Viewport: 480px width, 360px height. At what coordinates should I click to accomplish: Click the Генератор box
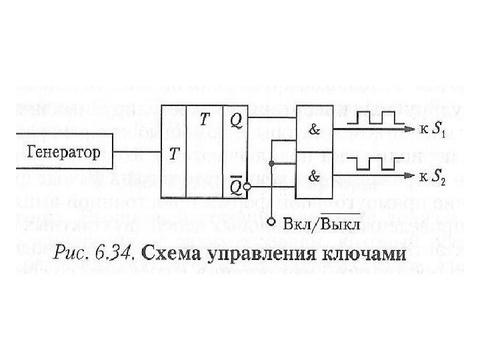(x=63, y=151)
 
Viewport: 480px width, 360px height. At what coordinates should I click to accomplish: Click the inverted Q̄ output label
(x=236, y=187)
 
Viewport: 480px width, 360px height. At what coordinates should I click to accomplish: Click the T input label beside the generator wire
(x=174, y=154)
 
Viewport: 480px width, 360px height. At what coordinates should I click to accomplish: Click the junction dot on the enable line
(x=271, y=163)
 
